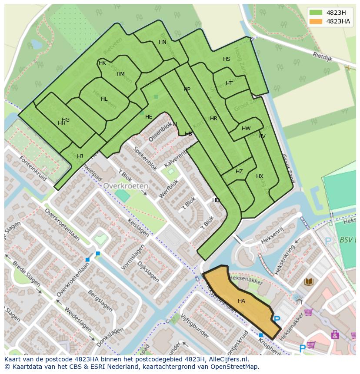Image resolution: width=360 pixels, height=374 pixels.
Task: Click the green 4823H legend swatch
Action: [316, 13]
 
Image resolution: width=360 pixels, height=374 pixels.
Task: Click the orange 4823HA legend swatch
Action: [316, 21]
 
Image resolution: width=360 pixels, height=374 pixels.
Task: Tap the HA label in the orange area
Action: [241, 301]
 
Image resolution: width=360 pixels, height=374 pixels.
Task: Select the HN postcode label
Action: [162, 42]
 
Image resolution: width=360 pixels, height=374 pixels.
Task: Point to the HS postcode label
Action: [227, 59]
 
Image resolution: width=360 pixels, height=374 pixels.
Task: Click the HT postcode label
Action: [229, 83]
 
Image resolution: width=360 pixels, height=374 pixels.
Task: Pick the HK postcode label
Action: [102, 63]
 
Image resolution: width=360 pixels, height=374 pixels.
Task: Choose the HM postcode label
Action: [120, 74]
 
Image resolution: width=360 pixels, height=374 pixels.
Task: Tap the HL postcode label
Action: [104, 99]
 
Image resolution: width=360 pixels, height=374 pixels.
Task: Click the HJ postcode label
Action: [80, 156]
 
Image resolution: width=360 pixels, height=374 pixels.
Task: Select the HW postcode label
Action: [246, 129]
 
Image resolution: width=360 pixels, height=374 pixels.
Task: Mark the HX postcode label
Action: [260, 176]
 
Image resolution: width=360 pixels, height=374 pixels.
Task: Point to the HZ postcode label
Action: [239, 172]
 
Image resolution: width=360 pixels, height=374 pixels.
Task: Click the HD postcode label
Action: [216, 200]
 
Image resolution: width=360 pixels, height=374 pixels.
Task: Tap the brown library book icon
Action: [309, 282]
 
